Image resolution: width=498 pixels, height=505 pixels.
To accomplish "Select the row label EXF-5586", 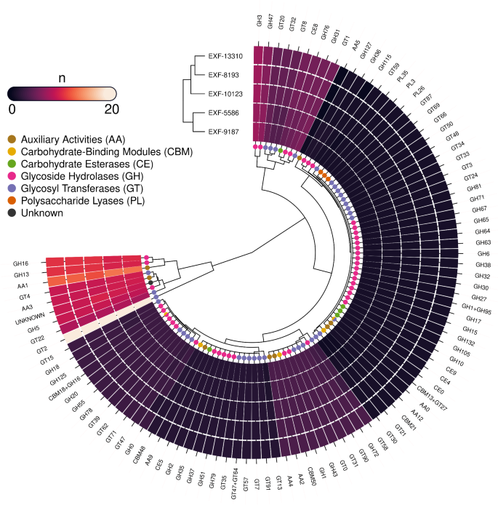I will coord(225,114).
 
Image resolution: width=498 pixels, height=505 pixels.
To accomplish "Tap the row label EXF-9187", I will coord(225,133).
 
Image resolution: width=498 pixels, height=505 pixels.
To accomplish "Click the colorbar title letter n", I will coord(61,76).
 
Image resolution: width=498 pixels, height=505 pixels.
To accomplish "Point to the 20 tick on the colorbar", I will coord(111,108).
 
